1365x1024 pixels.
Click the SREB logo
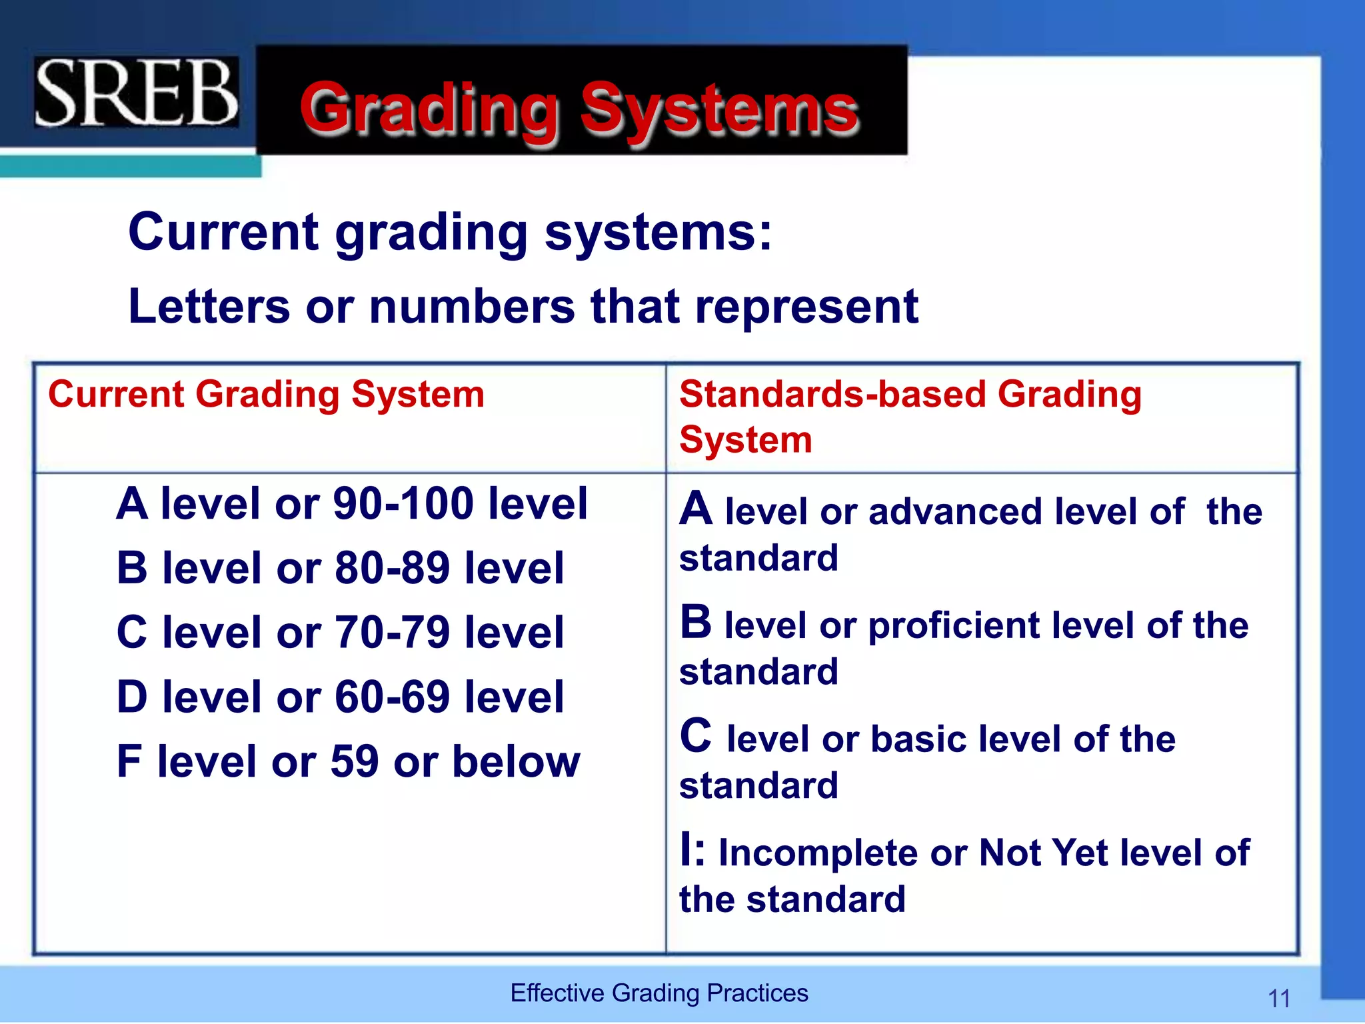tap(136, 93)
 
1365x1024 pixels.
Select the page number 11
tap(1279, 999)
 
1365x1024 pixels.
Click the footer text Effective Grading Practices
tap(659, 993)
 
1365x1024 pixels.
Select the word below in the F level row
tap(516, 761)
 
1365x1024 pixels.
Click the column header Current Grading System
tap(266, 394)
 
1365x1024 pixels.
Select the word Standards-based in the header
tap(832, 394)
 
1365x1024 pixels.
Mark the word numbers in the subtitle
tap(472, 307)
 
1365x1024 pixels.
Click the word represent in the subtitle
tap(806, 307)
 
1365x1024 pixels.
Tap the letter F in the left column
tap(129, 761)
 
